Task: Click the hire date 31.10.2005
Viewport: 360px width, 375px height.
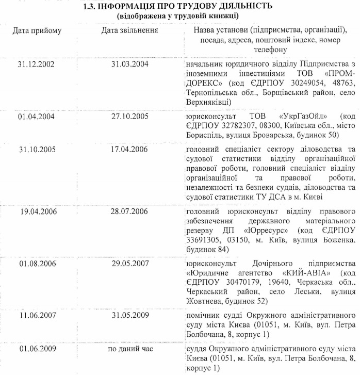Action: tap(36, 150)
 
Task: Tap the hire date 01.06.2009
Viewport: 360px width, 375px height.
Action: tap(36, 348)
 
